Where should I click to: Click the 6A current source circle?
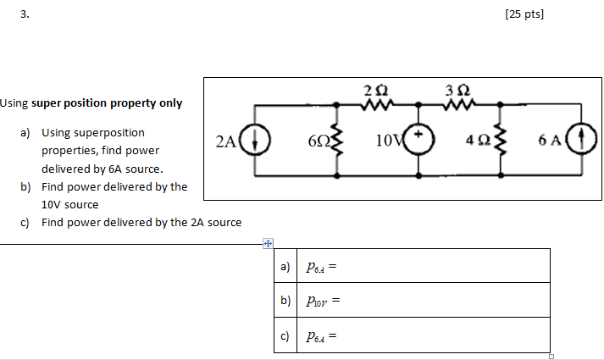(x=582, y=140)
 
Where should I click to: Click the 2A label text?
(x=225, y=141)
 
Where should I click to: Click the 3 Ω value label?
(x=462, y=90)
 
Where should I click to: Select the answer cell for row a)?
(x=424, y=266)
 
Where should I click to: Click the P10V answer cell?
(x=424, y=300)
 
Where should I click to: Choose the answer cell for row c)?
(x=424, y=335)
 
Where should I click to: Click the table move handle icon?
(x=267, y=244)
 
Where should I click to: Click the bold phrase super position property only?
(x=107, y=103)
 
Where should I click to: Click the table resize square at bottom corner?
(x=551, y=356)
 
